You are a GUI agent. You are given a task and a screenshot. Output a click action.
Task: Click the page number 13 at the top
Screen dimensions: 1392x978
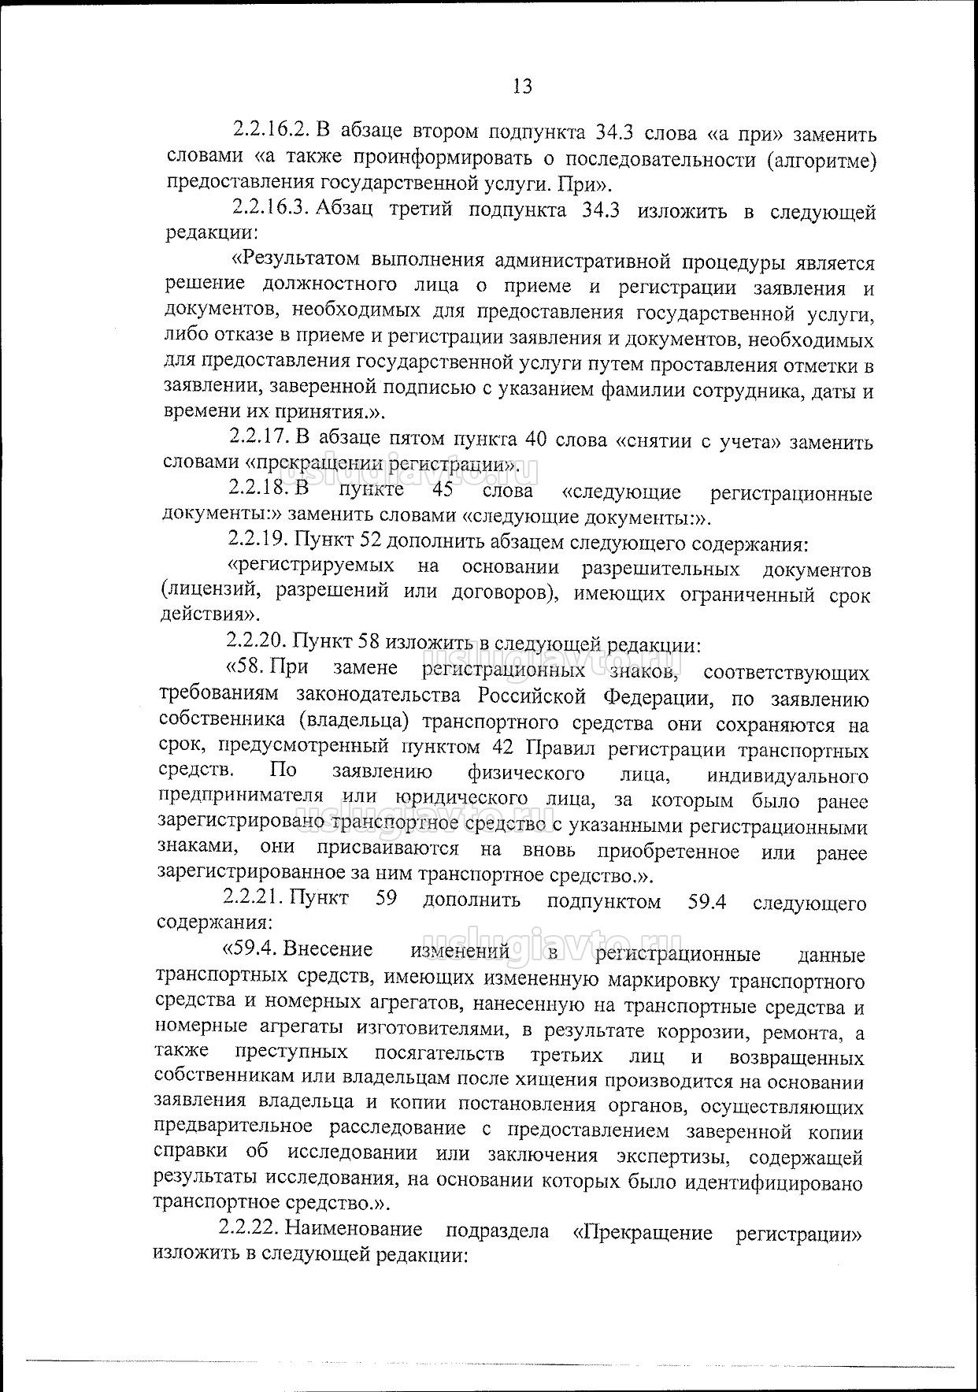(x=522, y=86)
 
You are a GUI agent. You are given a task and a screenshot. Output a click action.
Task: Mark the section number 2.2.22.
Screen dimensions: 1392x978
(x=250, y=1230)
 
